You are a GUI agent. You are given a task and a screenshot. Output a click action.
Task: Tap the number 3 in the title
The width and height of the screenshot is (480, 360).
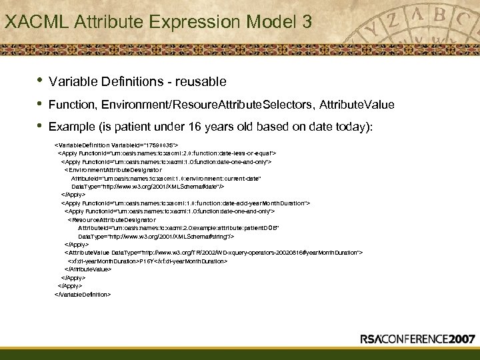(306, 22)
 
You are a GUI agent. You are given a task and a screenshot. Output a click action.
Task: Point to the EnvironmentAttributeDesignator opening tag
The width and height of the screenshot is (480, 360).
(107, 169)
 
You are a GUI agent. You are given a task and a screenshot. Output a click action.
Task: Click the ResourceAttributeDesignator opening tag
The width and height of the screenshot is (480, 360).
(112, 219)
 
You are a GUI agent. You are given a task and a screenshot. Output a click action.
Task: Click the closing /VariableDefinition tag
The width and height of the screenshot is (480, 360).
(83, 294)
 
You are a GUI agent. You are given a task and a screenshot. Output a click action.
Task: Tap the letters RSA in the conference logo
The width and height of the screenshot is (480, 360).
(375, 339)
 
